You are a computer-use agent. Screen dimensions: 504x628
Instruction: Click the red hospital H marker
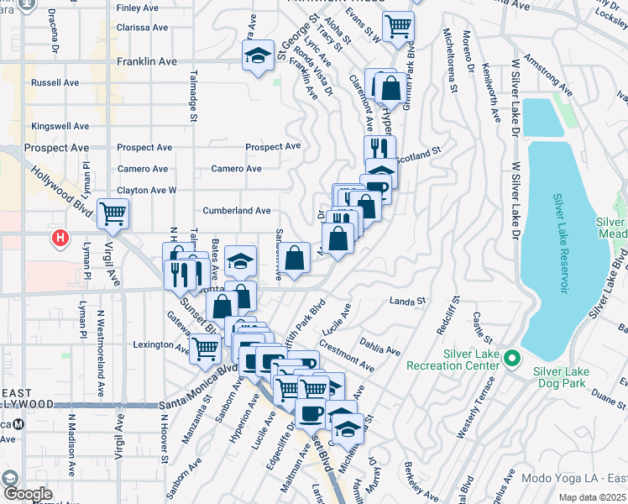pos(60,239)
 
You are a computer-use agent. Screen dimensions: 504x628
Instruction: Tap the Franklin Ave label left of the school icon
pos(147,61)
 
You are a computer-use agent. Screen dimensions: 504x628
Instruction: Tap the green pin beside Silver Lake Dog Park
pos(513,359)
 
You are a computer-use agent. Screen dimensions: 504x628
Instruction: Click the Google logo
pos(27,494)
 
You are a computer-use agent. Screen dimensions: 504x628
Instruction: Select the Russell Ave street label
pos(55,83)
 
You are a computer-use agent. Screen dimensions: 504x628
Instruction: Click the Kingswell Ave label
pos(60,126)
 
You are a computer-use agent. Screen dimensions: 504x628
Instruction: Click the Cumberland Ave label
pos(236,211)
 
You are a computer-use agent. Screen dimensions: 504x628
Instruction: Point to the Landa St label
pos(409,300)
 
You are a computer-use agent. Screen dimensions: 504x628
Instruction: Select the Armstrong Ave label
pos(548,75)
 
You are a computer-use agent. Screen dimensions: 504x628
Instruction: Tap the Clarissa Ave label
pos(144,27)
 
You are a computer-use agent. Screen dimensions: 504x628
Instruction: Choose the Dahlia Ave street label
pos(379,345)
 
